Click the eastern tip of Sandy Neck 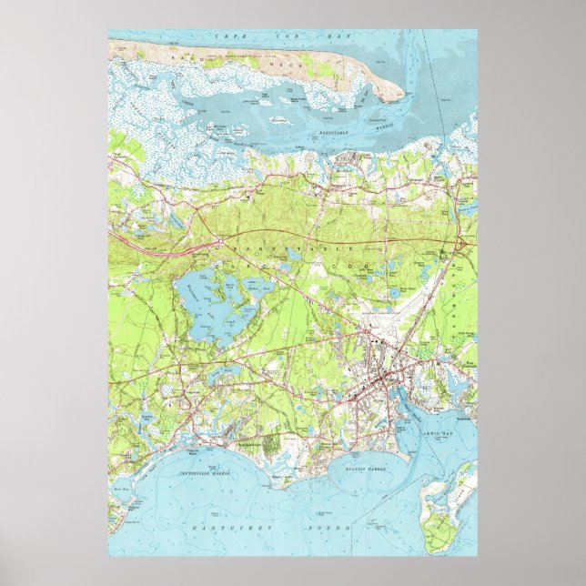(393, 98)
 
